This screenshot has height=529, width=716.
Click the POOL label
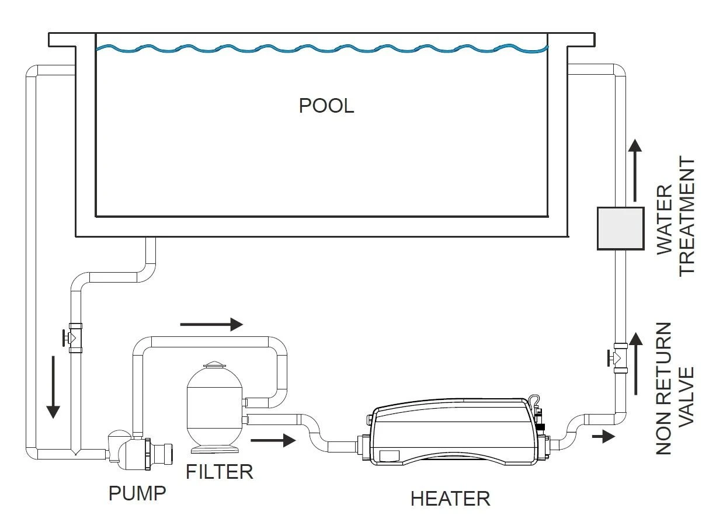pyautogui.click(x=326, y=106)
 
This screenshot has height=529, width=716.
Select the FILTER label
pyautogui.click(x=220, y=471)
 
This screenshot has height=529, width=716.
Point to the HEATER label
pyautogui.click(x=450, y=499)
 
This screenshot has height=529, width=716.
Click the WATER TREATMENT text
pyautogui.click(x=676, y=215)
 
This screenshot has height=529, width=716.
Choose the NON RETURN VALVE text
pyautogui.click(x=675, y=388)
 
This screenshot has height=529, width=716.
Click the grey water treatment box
pyautogui.click(x=620, y=228)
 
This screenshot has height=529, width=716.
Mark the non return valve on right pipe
pyautogui.click(x=618, y=356)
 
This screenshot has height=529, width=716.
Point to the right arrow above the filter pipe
pyautogui.click(x=211, y=324)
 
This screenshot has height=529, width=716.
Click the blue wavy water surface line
pyautogui.click(x=321, y=49)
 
